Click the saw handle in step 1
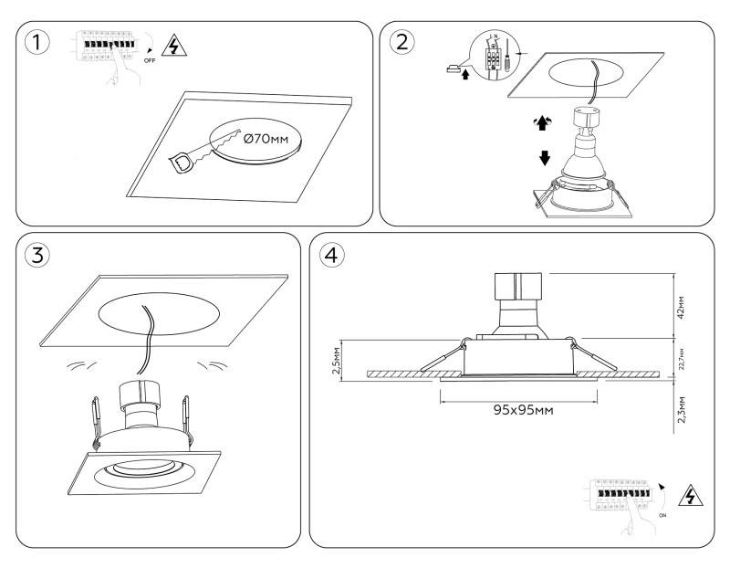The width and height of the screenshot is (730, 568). point(185,163)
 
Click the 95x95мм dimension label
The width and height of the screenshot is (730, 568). point(520,409)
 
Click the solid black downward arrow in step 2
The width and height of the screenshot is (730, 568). point(545,157)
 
